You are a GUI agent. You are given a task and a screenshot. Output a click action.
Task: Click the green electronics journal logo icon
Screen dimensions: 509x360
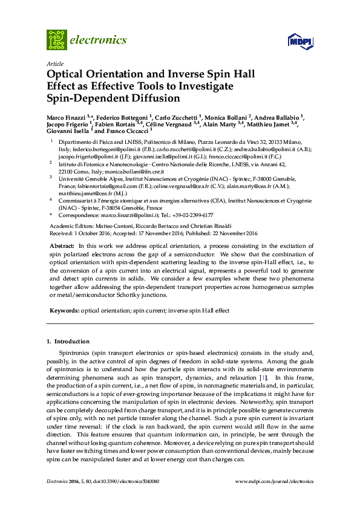[x=57, y=40]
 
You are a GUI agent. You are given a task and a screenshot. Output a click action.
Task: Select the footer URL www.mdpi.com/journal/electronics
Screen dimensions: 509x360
[x=274, y=482]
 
